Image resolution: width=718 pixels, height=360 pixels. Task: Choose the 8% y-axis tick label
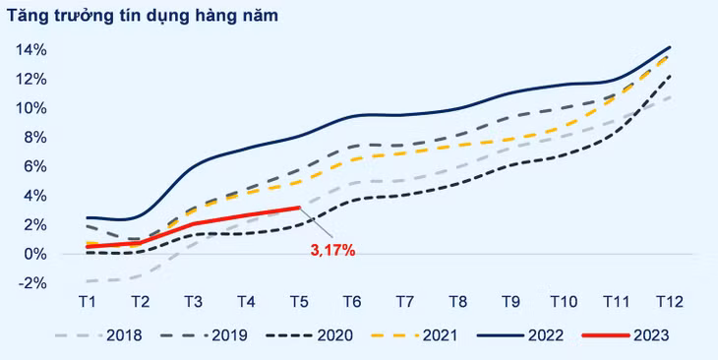pos(30,137)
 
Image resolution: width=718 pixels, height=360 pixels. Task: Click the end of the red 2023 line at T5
pos(299,208)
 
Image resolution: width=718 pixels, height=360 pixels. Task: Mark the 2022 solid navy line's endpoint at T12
pos(671,47)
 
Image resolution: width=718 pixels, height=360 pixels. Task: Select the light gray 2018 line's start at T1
pos(87,281)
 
